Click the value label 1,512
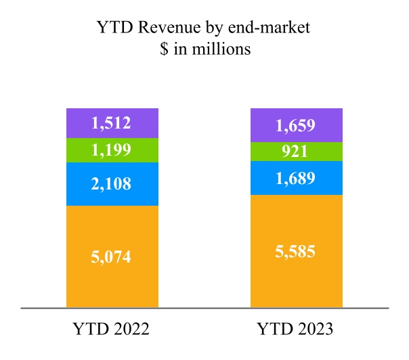[x=112, y=123]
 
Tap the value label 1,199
[x=112, y=150]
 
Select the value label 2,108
[x=112, y=183]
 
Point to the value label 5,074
[x=112, y=256]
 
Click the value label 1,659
[x=296, y=125]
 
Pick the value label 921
[x=296, y=152]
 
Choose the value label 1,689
[x=296, y=178]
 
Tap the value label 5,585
[x=296, y=252]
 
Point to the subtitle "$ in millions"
[x=204, y=50]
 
